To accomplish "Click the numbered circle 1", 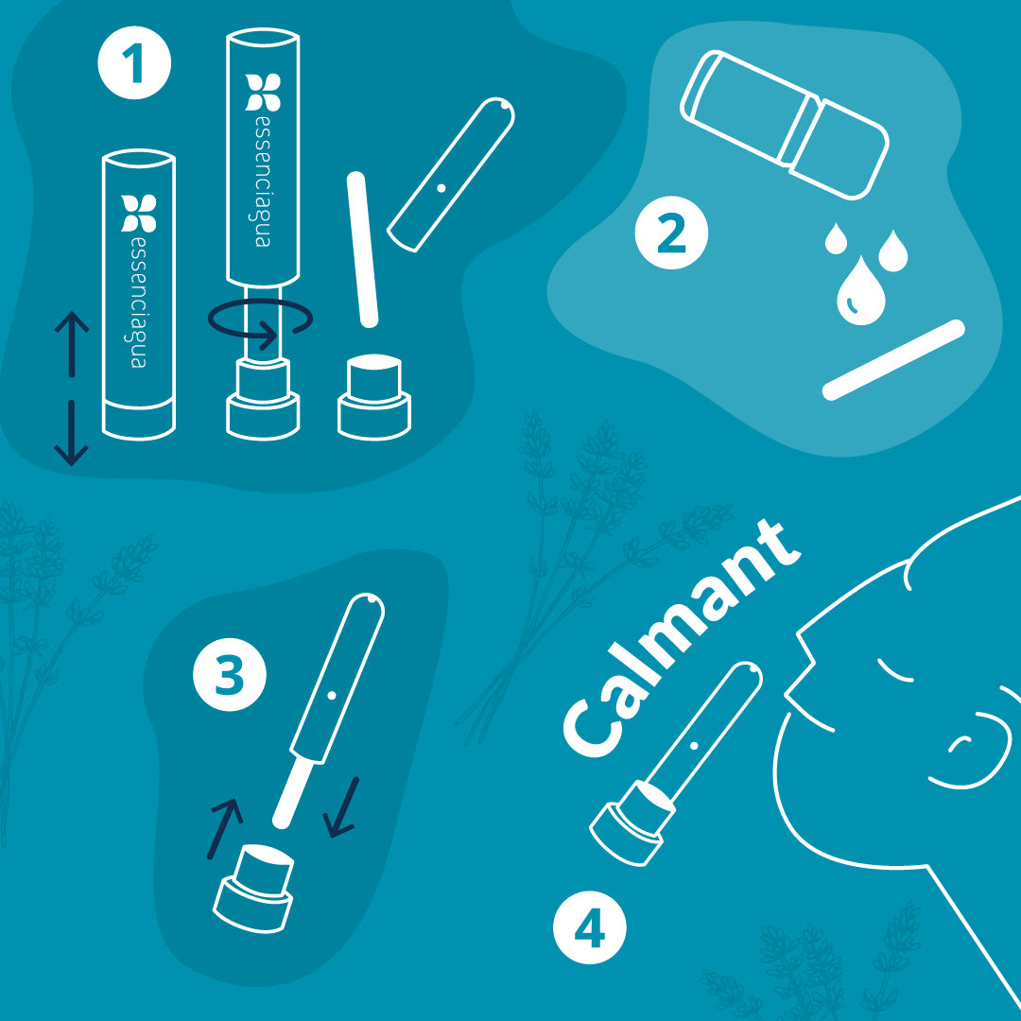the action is click(x=134, y=63).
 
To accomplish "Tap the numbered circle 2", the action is click(x=671, y=234).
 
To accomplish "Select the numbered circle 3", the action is click(x=229, y=675).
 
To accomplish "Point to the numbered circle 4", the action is click(x=589, y=927).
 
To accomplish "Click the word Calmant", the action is click(x=681, y=638).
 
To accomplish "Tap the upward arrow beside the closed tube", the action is click(x=72, y=344).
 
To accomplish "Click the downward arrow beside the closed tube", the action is click(x=71, y=433).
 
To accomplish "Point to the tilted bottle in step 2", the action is click(x=785, y=125).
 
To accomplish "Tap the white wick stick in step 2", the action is click(x=892, y=359).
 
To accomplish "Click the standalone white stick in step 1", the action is click(x=363, y=250).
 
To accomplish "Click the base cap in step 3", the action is click(x=254, y=888).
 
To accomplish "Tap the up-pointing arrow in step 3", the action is click(x=225, y=828).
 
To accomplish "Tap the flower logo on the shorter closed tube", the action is click(x=139, y=213).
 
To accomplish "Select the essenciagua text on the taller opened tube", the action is click(x=263, y=182).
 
